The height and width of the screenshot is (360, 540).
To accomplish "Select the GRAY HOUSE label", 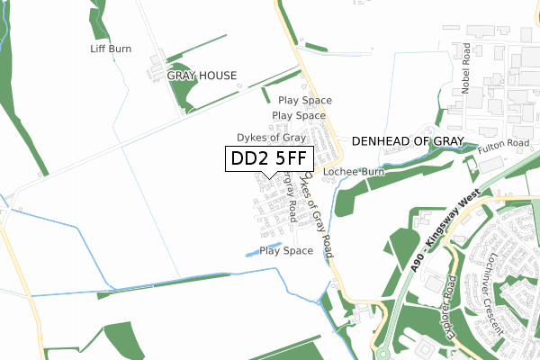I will (202, 76).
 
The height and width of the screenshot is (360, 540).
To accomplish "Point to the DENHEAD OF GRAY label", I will (407, 141).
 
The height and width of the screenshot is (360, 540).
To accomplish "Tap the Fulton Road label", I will (503, 144).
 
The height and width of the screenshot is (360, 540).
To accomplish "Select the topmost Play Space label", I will (305, 101).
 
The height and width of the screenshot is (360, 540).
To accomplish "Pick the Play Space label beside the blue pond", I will (286, 251).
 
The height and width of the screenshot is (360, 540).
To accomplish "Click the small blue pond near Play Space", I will (250, 253).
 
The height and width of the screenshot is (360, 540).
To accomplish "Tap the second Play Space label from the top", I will (299, 116).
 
